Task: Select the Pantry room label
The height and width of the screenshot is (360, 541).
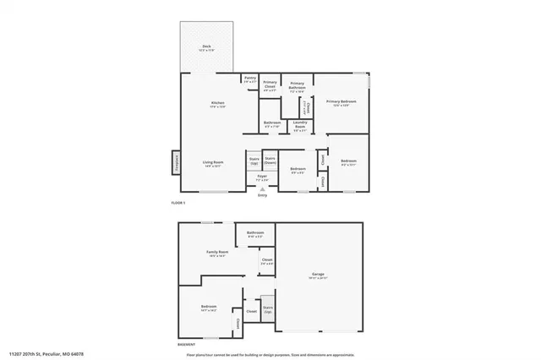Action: point(250,79)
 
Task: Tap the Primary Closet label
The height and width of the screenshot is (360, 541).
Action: point(270,85)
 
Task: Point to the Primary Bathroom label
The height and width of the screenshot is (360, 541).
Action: point(298,85)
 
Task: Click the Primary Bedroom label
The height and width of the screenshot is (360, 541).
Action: point(342,104)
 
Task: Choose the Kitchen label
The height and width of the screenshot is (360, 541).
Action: point(218,105)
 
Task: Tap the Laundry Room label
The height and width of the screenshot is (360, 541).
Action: point(300,126)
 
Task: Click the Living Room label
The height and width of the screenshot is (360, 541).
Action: point(212,164)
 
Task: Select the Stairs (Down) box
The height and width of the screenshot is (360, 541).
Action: point(270,161)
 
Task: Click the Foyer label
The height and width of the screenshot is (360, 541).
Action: point(263,177)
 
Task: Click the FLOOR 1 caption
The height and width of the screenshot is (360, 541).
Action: point(178,204)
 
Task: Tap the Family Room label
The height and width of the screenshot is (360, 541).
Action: point(217,254)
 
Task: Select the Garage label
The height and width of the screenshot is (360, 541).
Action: point(319,275)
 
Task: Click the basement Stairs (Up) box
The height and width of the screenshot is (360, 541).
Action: point(268,310)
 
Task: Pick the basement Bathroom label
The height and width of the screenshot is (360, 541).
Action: point(255,234)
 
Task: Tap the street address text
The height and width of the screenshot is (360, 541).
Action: point(46,354)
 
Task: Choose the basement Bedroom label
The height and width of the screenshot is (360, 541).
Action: point(209,308)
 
